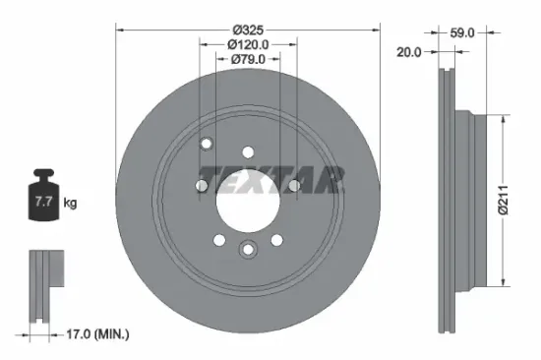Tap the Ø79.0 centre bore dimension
click(x=248, y=61)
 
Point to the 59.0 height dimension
click(x=462, y=32)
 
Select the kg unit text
click(x=70, y=204)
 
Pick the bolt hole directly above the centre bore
click(x=248, y=151)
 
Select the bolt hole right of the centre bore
click(x=293, y=184)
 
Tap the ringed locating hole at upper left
click(x=207, y=146)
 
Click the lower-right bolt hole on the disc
click(x=275, y=240)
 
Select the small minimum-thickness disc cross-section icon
click(x=41, y=285)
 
